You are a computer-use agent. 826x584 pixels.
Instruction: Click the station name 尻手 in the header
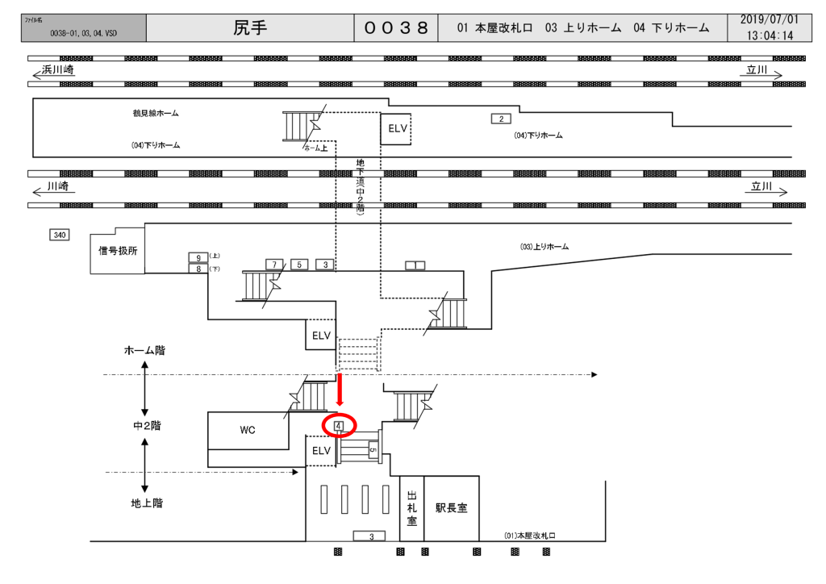(x=250, y=27)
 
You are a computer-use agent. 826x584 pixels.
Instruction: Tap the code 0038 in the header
(x=395, y=27)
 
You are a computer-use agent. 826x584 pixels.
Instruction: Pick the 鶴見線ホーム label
(x=156, y=114)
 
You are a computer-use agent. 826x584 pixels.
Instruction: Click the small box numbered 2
(x=501, y=119)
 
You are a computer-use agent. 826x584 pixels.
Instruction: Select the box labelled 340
(x=60, y=235)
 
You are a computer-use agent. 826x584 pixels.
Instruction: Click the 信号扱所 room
(x=118, y=250)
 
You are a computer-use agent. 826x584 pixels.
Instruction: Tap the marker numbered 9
(x=198, y=257)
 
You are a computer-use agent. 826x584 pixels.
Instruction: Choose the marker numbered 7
(x=274, y=265)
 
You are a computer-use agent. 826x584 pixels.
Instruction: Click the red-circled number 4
(x=339, y=425)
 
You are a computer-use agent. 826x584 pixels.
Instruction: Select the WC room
(x=247, y=430)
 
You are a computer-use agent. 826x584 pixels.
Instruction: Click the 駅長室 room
(x=451, y=508)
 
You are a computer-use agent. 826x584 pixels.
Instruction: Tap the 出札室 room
(x=411, y=508)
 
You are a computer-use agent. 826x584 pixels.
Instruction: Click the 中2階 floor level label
(x=147, y=426)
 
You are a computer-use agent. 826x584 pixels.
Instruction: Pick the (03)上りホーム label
(x=544, y=247)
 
